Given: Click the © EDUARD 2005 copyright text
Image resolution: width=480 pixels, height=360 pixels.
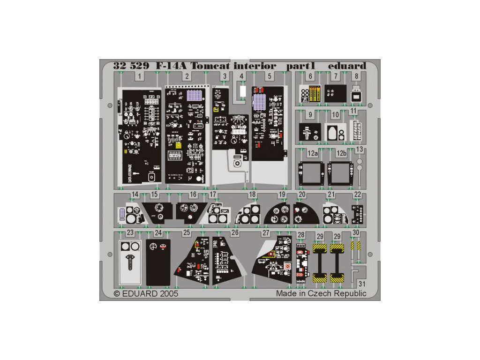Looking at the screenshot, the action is [x=146, y=293].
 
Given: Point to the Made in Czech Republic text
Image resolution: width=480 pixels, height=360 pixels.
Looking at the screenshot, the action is [x=321, y=293].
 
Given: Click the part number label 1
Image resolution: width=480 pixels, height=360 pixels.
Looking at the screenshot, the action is [x=140, y=76].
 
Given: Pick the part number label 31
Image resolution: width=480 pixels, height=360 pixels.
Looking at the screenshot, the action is [x=361, y=284].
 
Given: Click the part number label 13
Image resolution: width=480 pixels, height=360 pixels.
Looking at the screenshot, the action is [x=360, y=150].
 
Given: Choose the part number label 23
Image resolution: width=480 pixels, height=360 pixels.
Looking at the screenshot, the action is [x=130, y=233].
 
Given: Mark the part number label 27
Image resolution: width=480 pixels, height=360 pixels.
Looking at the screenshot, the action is [x=266, y=233].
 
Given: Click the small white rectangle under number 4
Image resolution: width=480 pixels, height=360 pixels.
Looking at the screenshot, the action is [x=242, y=91].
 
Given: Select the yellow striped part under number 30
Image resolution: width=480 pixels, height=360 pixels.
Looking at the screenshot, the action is [x=356, y=246].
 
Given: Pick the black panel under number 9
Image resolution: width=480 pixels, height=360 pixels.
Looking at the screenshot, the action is [x=310, y=133].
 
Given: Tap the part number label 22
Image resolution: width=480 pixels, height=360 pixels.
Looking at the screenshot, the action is [x=358, y=195].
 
